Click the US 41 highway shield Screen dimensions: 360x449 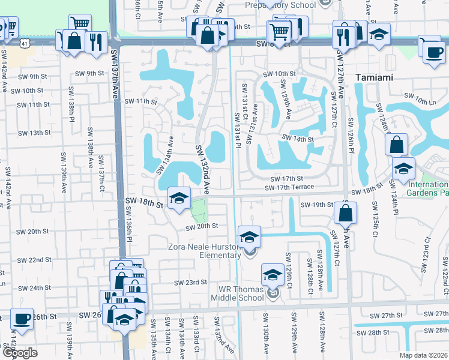(23, 44)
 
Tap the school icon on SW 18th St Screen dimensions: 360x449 (178, 199)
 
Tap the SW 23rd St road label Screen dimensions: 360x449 (190, 282)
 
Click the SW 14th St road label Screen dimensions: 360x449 (298, 139)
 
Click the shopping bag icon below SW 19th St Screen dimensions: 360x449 (346, 213)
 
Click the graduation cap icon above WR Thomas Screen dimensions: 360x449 (273, 274)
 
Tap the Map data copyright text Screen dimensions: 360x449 (423, 355)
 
